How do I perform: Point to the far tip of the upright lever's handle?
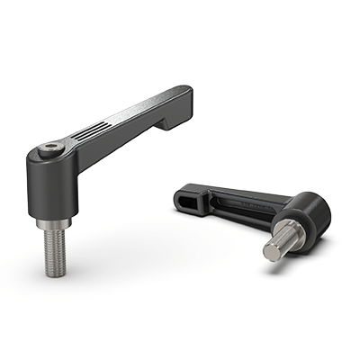click(x=186, y=93)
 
